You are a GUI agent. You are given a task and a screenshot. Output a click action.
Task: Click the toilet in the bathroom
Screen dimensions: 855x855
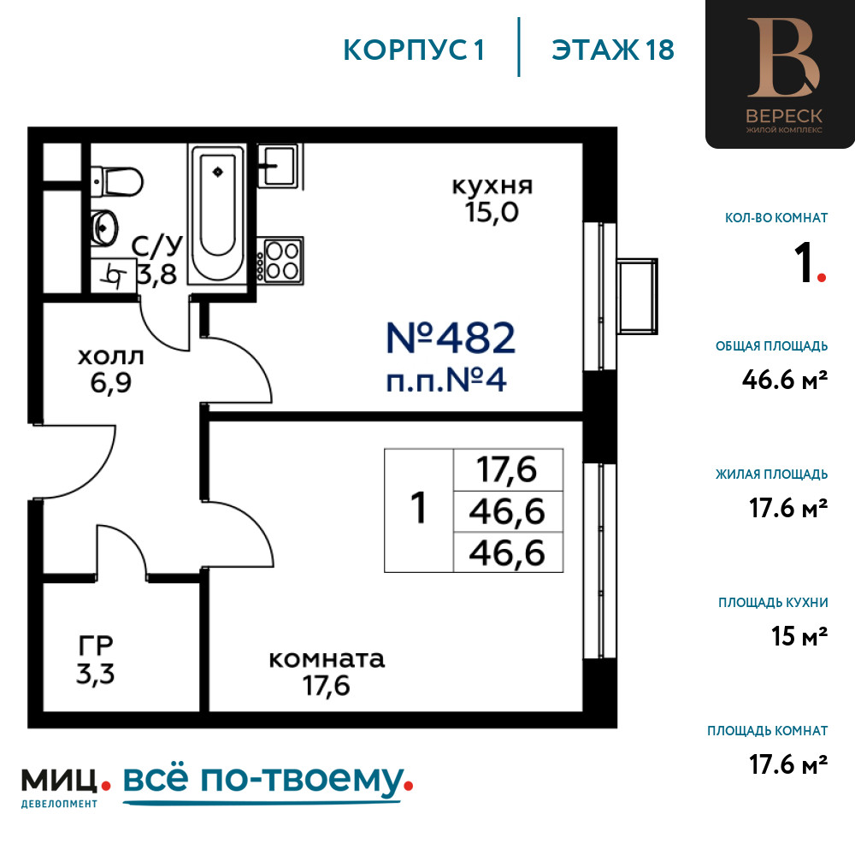pos(116,181)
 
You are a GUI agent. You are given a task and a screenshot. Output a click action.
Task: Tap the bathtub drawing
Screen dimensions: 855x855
pos(217,215)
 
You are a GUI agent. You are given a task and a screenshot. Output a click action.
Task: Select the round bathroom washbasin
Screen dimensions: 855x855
pos(104,228)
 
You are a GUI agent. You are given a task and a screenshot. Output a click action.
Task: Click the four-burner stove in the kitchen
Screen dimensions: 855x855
pos(280,261)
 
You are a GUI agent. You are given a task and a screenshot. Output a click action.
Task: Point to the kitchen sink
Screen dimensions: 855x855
pos(279,165)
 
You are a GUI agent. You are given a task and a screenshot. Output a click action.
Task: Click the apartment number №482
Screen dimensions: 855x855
pos(451,338)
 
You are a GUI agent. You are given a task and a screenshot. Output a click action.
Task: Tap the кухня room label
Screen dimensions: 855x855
pos(492,186)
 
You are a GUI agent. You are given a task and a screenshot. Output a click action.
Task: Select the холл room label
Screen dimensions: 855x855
pos(110,357)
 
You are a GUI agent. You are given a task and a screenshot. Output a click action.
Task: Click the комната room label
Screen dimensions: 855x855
pos(327,659)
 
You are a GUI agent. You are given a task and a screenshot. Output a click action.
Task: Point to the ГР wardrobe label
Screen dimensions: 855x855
pos(96,646)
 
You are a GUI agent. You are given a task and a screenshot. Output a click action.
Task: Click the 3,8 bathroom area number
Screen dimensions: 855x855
pos(157,274)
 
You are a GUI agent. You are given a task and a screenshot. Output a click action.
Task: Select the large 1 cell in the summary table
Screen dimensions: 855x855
pos(419,510)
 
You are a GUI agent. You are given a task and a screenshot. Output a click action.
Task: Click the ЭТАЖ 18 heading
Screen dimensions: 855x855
pos(613,50)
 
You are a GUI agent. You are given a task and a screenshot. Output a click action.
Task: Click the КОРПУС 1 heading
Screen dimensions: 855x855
pos(414,50)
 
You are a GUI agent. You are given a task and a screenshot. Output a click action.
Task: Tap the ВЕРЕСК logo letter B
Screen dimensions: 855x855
pos(783,57)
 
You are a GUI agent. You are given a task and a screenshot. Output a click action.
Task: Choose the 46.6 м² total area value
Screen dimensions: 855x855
pos(785,380)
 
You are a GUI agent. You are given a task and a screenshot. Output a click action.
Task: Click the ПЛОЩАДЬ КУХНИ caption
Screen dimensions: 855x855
pos(773,603)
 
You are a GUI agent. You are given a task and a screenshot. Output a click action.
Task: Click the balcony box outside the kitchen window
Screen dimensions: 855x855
pos(637,296)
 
